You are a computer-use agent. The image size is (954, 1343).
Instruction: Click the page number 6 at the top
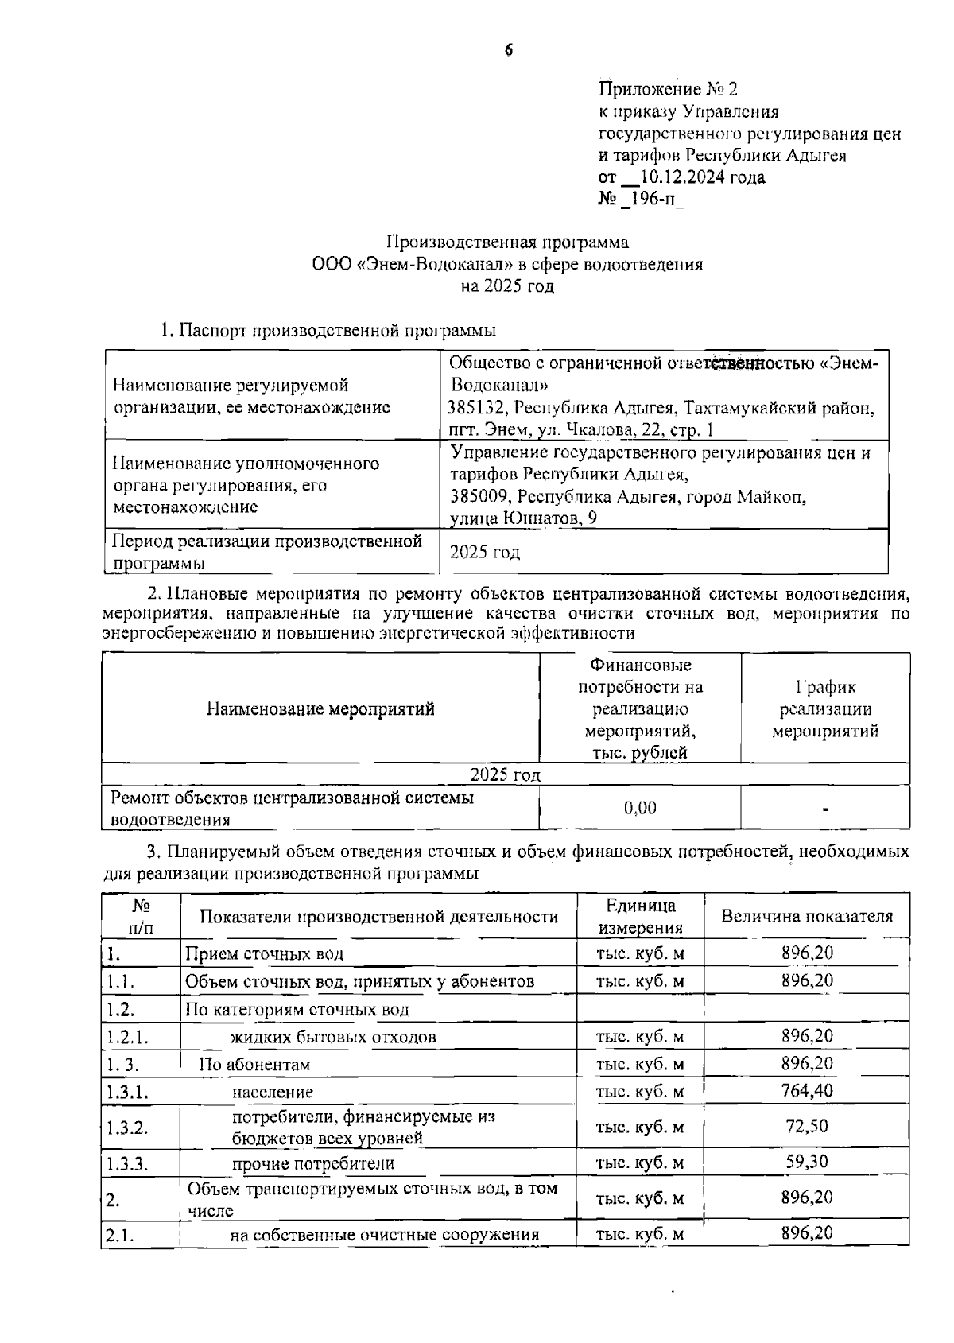tap(509, 49)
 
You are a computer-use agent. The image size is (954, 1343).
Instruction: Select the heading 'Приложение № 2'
tap(669, 89)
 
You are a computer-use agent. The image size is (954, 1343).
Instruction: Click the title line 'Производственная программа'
tap(507, 242)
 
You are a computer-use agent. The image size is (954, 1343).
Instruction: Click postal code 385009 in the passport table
tap(477, 497)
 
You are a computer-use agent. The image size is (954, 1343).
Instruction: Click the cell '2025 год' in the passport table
tap(485, 552)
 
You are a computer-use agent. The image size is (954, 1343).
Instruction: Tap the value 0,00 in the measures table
tap(640, 808)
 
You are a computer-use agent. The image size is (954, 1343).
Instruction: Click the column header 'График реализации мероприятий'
tap(825, 708)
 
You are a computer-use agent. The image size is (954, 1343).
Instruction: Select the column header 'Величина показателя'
tap(806, 916)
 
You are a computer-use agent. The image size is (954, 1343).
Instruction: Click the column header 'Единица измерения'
tap(640, 916)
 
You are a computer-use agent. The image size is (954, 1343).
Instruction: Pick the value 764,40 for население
tap(807, 1090)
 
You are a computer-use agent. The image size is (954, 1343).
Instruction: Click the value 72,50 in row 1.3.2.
tap(807, 1126)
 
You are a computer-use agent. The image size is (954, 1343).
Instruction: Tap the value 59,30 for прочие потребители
tap(807, 1162)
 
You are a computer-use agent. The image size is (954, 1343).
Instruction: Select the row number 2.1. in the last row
tap(119, 1235)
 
